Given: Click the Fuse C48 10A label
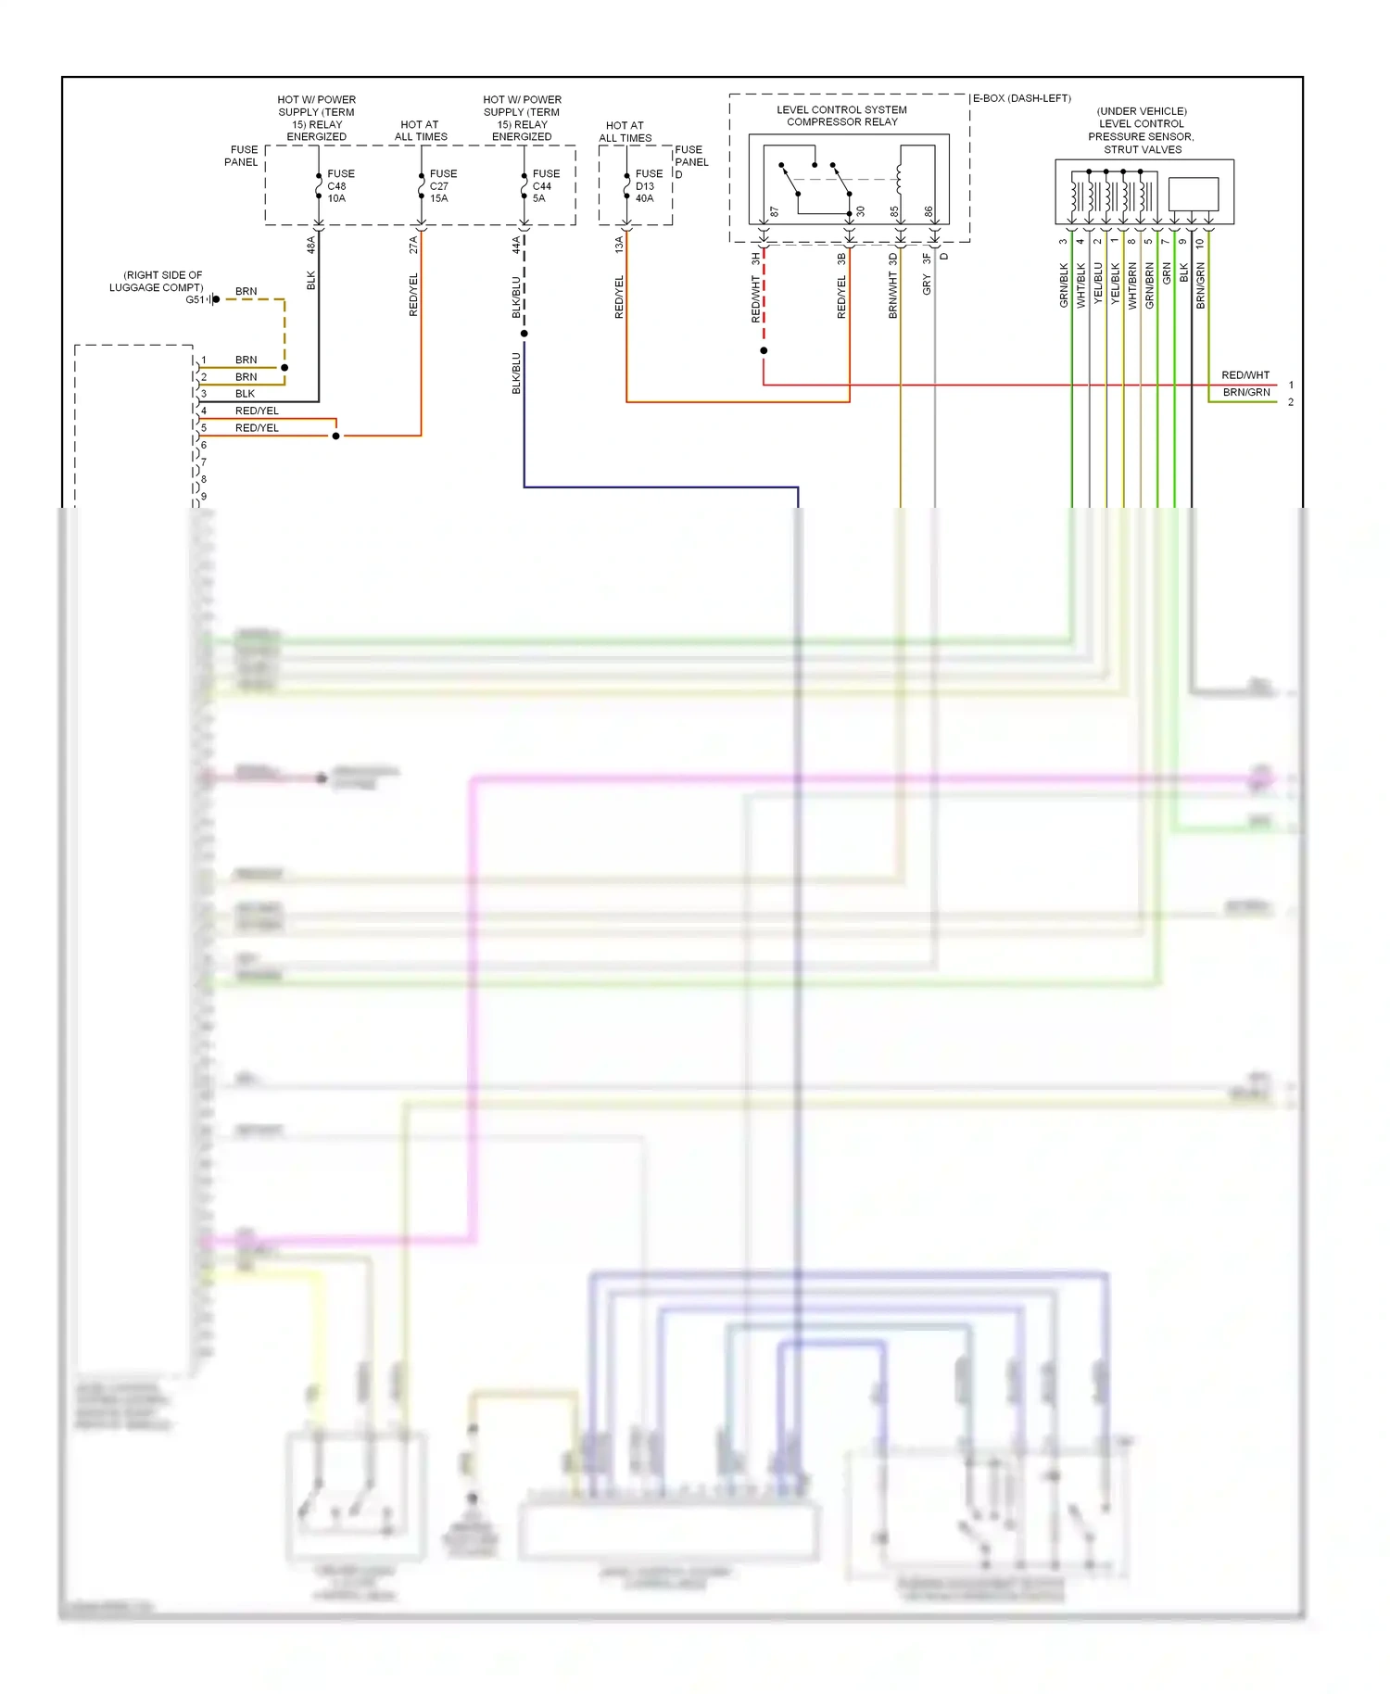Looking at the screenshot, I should click(340, 186).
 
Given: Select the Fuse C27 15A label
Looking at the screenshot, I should click(443, 186).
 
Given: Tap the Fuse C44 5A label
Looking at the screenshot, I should click(546, 186).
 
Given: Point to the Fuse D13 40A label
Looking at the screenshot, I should click(649, 186).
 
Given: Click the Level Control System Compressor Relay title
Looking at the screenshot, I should click(841, 116).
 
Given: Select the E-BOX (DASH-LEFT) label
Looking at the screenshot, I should click(1021, 98).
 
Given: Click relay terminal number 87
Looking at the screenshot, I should click(775, 212).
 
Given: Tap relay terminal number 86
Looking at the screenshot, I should click(929, 212).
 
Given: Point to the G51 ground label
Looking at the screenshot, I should click(195, 299).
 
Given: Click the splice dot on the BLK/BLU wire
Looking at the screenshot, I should click(524, 334).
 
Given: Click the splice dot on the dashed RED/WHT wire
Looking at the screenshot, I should click(764, 351).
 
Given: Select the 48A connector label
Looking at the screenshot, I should click(311, 245).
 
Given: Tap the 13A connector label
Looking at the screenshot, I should click(619, 245).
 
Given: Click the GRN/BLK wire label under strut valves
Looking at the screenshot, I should click(1064, 285).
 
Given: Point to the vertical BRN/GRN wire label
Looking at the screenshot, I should click(1201, 285).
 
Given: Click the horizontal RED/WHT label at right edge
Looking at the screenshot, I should click(1245, 375).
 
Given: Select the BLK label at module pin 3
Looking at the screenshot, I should click(245, 394).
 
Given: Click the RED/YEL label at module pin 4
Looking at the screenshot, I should click(257, 411).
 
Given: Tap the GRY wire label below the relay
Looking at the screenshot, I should click(927, 285).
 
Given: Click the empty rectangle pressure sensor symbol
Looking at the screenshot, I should click(1194, 195).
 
